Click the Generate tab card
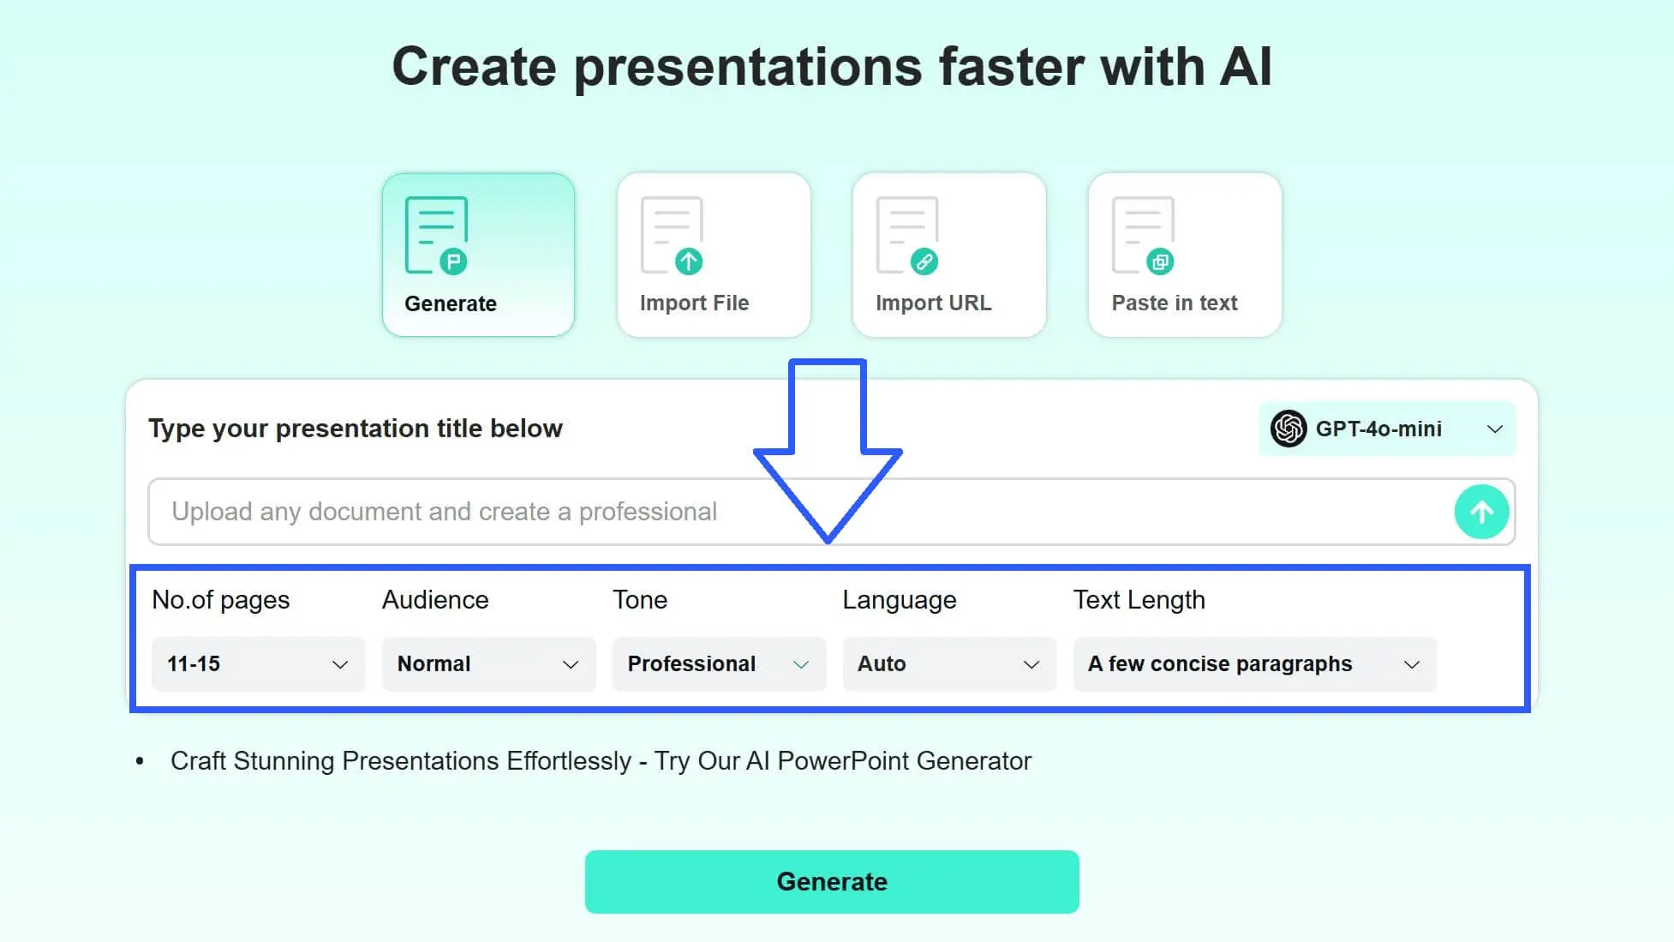coord(478,255)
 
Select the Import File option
coord(714,255)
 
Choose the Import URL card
coord(949,255)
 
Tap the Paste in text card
coord(1185,255)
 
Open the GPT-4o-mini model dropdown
coord(1387,429)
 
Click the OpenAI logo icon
coord(1288,429)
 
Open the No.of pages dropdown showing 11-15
coord(258,664)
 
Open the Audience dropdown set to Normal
coord(488,664)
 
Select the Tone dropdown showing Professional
coord(719,664)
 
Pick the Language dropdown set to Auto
coord(949,664)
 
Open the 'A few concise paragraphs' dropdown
coord(1255,664)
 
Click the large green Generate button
coord(832,882)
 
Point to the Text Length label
coord(1139,600)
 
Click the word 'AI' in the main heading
coord(1246,67)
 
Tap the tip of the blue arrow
coord(828,542)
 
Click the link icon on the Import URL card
coord(924,261)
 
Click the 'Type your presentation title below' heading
coord(356,429)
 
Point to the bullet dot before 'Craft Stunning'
coord(140,761)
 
